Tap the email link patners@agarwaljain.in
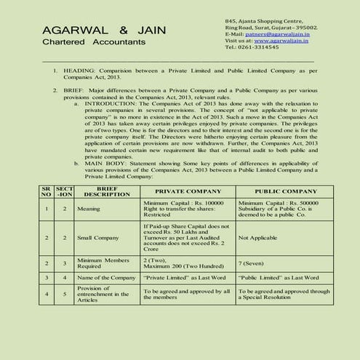tap(276, 33)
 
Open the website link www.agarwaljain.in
tap(281, 41)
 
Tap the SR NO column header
tap(46, 191)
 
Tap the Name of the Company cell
tap(105, 278)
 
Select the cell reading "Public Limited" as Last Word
tap(277, 278)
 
